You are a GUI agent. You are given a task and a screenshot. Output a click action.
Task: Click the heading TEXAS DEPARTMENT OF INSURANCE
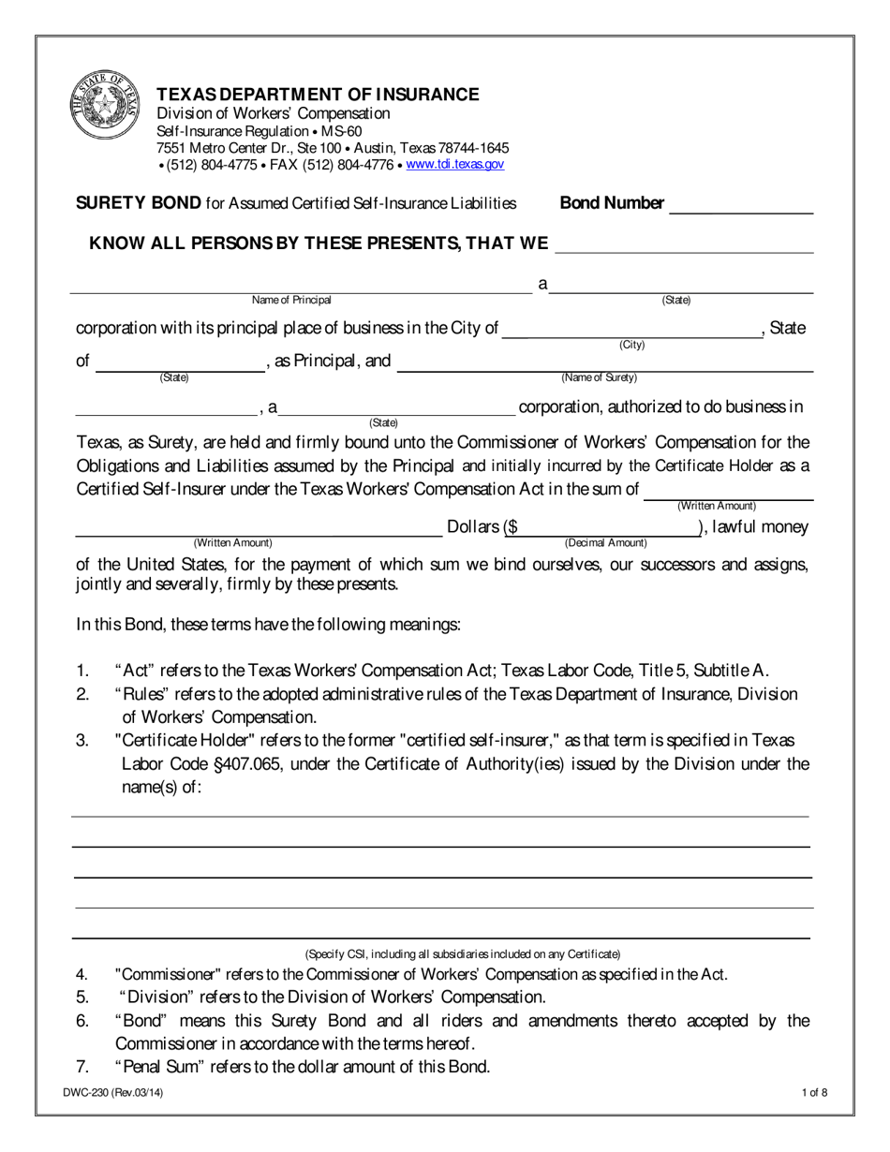(x=318, y=95)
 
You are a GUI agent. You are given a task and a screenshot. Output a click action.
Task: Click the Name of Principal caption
(x=291, y=301)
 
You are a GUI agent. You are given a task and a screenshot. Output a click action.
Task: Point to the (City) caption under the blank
(x=632, y=345)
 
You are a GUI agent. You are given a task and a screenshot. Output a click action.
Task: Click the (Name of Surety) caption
(x=599, y=377)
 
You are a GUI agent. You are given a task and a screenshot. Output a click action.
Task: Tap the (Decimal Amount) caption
(x=605, y=542)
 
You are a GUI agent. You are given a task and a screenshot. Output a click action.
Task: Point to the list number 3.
(x=82, y=740)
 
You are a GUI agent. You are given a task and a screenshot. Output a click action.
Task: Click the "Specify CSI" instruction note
(x=462, y=953)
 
